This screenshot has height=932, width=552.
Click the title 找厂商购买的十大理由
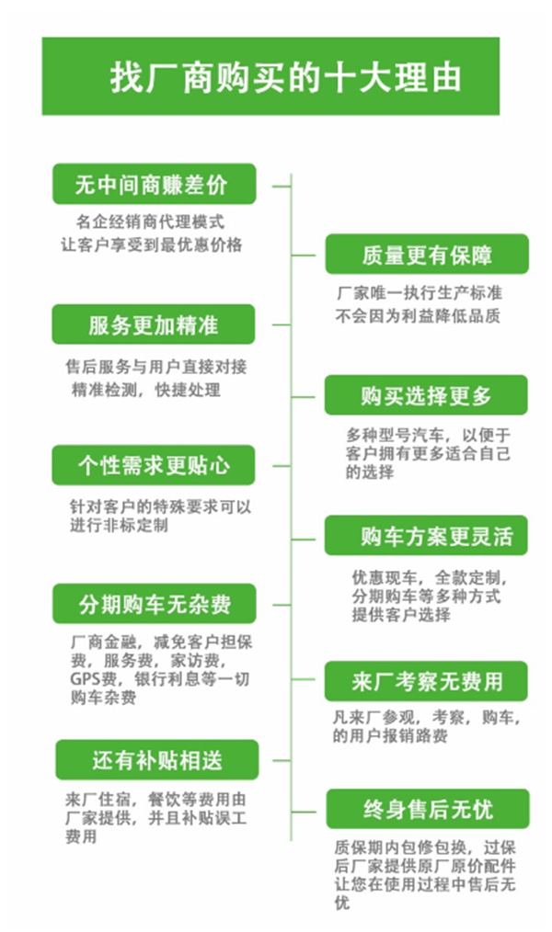pos(285,77)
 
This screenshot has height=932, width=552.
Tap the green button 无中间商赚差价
pos(154,184)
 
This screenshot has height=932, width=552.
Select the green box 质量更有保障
pos(427,255)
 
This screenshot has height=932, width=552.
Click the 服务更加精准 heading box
pos(154,324)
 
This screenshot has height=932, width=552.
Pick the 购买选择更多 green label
pos(426,395)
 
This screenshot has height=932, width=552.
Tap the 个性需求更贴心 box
pos(154,465)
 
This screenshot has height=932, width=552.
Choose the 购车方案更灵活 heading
pos(426,536)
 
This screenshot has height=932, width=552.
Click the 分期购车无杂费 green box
pos(154,604)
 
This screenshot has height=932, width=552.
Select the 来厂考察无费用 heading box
pos(426,681)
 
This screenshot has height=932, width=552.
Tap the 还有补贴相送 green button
pos(157,759)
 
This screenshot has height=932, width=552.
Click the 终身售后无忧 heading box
pos(428,809)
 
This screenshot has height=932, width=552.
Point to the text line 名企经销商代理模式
pos(150,222)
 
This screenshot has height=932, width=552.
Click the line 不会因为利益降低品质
pos(418,315)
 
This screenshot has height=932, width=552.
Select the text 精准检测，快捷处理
pos(145,390)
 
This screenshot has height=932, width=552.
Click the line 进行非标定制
pos(119,526)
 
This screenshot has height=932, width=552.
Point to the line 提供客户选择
pos(401,615)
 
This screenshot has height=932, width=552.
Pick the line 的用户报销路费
pos(390,736)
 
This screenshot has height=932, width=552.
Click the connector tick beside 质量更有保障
pos(304,255)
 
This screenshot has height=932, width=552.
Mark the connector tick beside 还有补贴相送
pos(282,760)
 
